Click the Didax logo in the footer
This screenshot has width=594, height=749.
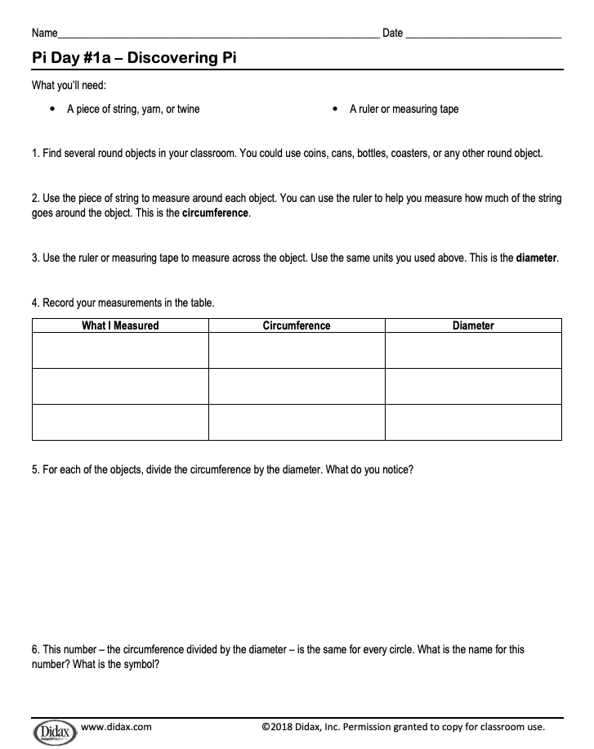click(54, 729)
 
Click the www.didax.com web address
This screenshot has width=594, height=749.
click(117, 726)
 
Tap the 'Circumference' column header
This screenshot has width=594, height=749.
click(297, 325)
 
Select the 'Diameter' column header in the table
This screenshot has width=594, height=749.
click(473, 325)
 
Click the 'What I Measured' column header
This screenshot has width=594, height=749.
click(120, 325)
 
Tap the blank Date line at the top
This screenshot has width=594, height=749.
click(483, 34)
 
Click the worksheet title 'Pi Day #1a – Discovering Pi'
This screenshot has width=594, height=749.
click(135, 59)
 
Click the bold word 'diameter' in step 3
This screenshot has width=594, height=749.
click(537, 258)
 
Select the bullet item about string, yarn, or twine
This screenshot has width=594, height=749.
click(133, 109)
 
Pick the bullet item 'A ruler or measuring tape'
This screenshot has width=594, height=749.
click(404, 109)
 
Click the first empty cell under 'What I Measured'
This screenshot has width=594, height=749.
click(120, 350)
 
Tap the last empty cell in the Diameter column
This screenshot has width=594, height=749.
click(473, 422)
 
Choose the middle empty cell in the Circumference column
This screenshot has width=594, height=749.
click(297, 386)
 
